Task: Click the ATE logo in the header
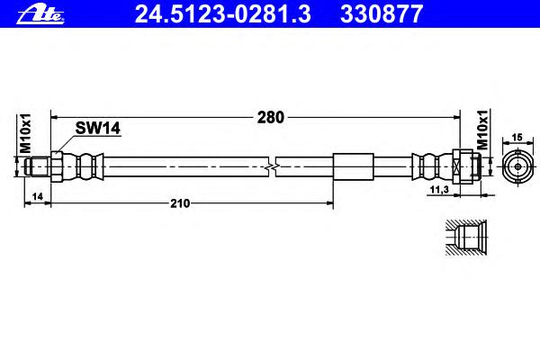40,14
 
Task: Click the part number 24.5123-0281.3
223,14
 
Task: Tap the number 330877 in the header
382,14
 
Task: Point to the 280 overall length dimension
271,118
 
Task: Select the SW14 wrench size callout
98,128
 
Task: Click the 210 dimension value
180,203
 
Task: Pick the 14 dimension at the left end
37,196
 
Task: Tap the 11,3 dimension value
440,189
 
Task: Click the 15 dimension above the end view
517,138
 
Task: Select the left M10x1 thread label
25,133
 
